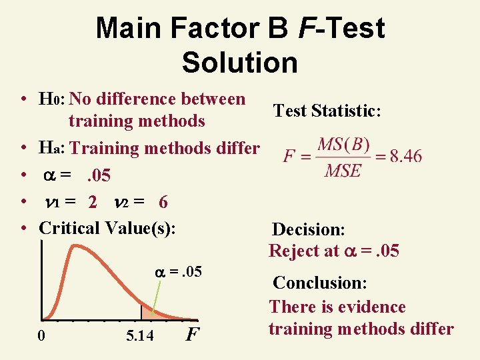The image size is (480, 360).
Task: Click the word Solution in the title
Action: pos(239,62)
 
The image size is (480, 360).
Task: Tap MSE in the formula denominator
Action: pos(343,171)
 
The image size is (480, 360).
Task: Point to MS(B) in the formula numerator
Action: pos(343,145)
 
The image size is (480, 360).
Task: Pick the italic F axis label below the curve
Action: pos(191,333)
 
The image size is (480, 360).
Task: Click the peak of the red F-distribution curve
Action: pos(67,251)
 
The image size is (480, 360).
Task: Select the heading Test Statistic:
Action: pos(327,111)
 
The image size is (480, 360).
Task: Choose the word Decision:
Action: pos(308,230)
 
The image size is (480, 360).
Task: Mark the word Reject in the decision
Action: pos(293,251)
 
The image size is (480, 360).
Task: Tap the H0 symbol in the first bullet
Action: pos(51,100)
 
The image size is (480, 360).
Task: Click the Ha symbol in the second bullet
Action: pos(51,148)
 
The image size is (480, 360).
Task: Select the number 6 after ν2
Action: pos(163,201)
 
